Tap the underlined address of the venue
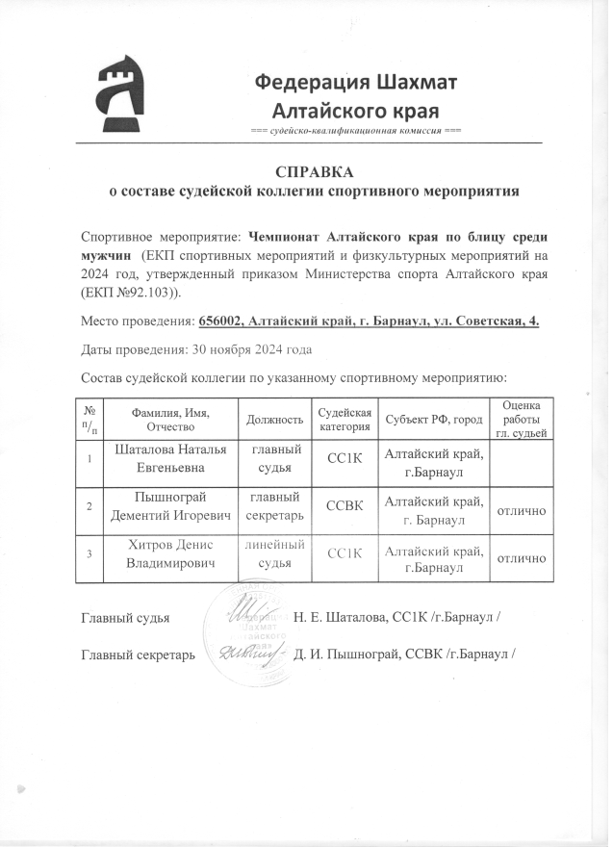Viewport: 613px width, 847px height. pos(368,320)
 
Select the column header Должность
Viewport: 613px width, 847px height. pos(274,420)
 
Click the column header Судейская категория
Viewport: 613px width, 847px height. pos(344,420)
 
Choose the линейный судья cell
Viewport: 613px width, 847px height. pos(276,555)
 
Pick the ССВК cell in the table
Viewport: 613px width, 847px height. pos(344,504)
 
